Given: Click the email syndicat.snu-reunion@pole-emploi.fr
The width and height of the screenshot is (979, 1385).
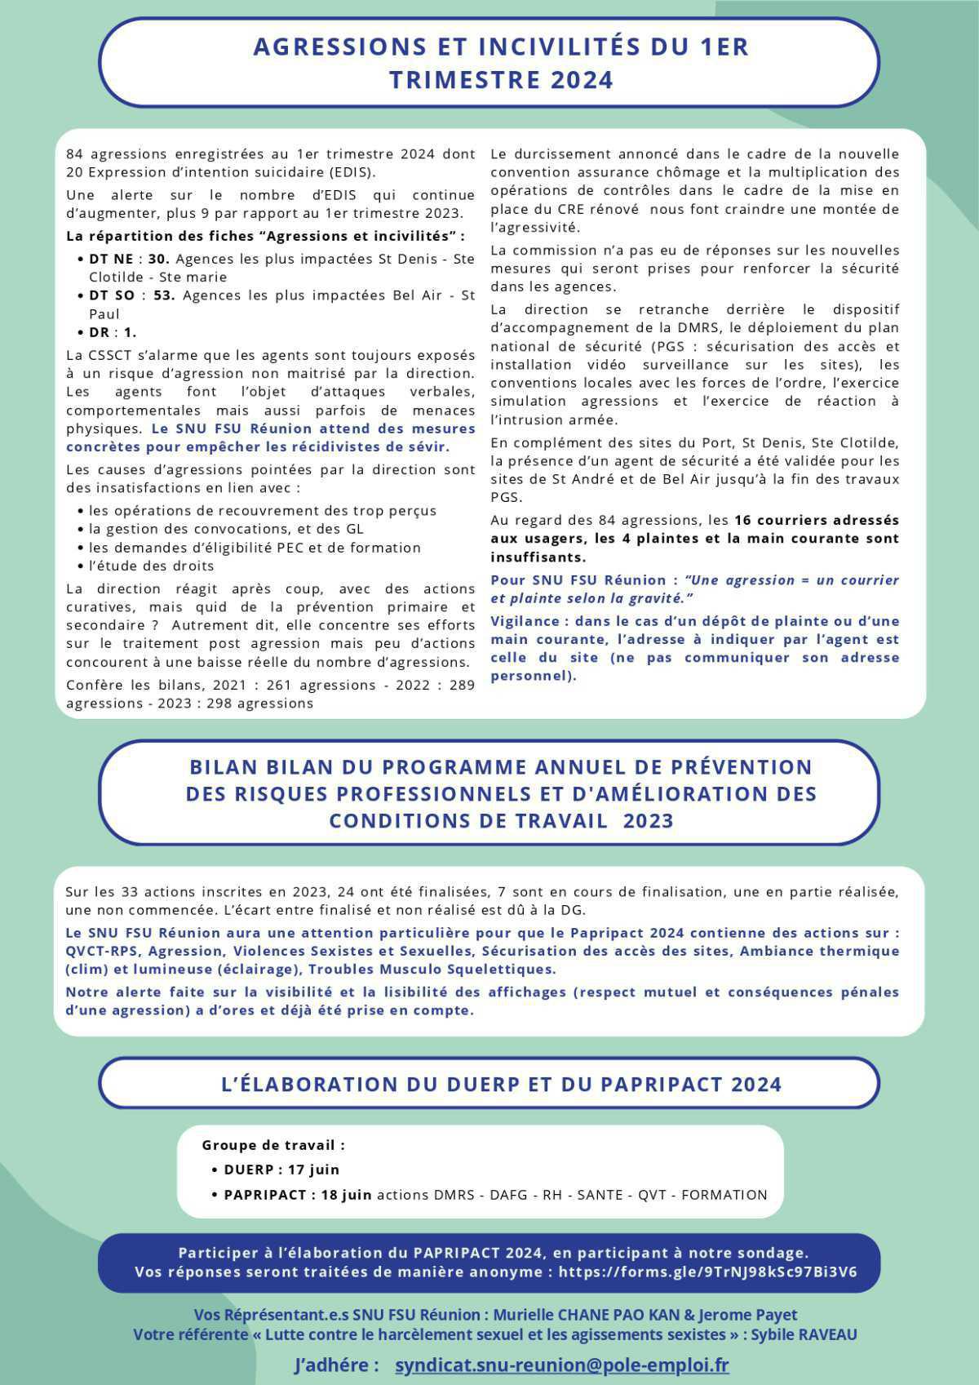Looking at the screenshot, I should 561,1365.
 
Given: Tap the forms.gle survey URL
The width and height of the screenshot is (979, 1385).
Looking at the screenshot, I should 707,1272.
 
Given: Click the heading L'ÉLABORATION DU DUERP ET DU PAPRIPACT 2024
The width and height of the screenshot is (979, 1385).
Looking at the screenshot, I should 501,1084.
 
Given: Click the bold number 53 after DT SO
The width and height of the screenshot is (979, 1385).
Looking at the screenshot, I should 164,295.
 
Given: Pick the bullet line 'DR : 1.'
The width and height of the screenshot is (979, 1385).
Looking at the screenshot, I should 113,332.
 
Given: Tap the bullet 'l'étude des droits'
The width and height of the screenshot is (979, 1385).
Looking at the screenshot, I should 151,566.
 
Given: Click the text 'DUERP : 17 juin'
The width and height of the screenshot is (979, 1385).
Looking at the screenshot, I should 281,1170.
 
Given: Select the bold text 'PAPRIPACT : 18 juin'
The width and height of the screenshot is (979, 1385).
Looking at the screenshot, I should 298,1195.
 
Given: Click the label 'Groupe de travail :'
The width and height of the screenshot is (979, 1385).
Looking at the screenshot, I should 273,1145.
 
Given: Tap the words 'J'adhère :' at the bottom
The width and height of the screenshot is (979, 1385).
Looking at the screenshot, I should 336,1365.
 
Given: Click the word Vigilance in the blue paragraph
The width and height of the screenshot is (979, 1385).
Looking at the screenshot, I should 525,621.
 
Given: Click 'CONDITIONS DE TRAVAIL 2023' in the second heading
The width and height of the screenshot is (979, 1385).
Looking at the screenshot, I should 501,820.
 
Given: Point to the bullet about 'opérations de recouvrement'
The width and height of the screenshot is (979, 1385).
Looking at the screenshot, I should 263,510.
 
